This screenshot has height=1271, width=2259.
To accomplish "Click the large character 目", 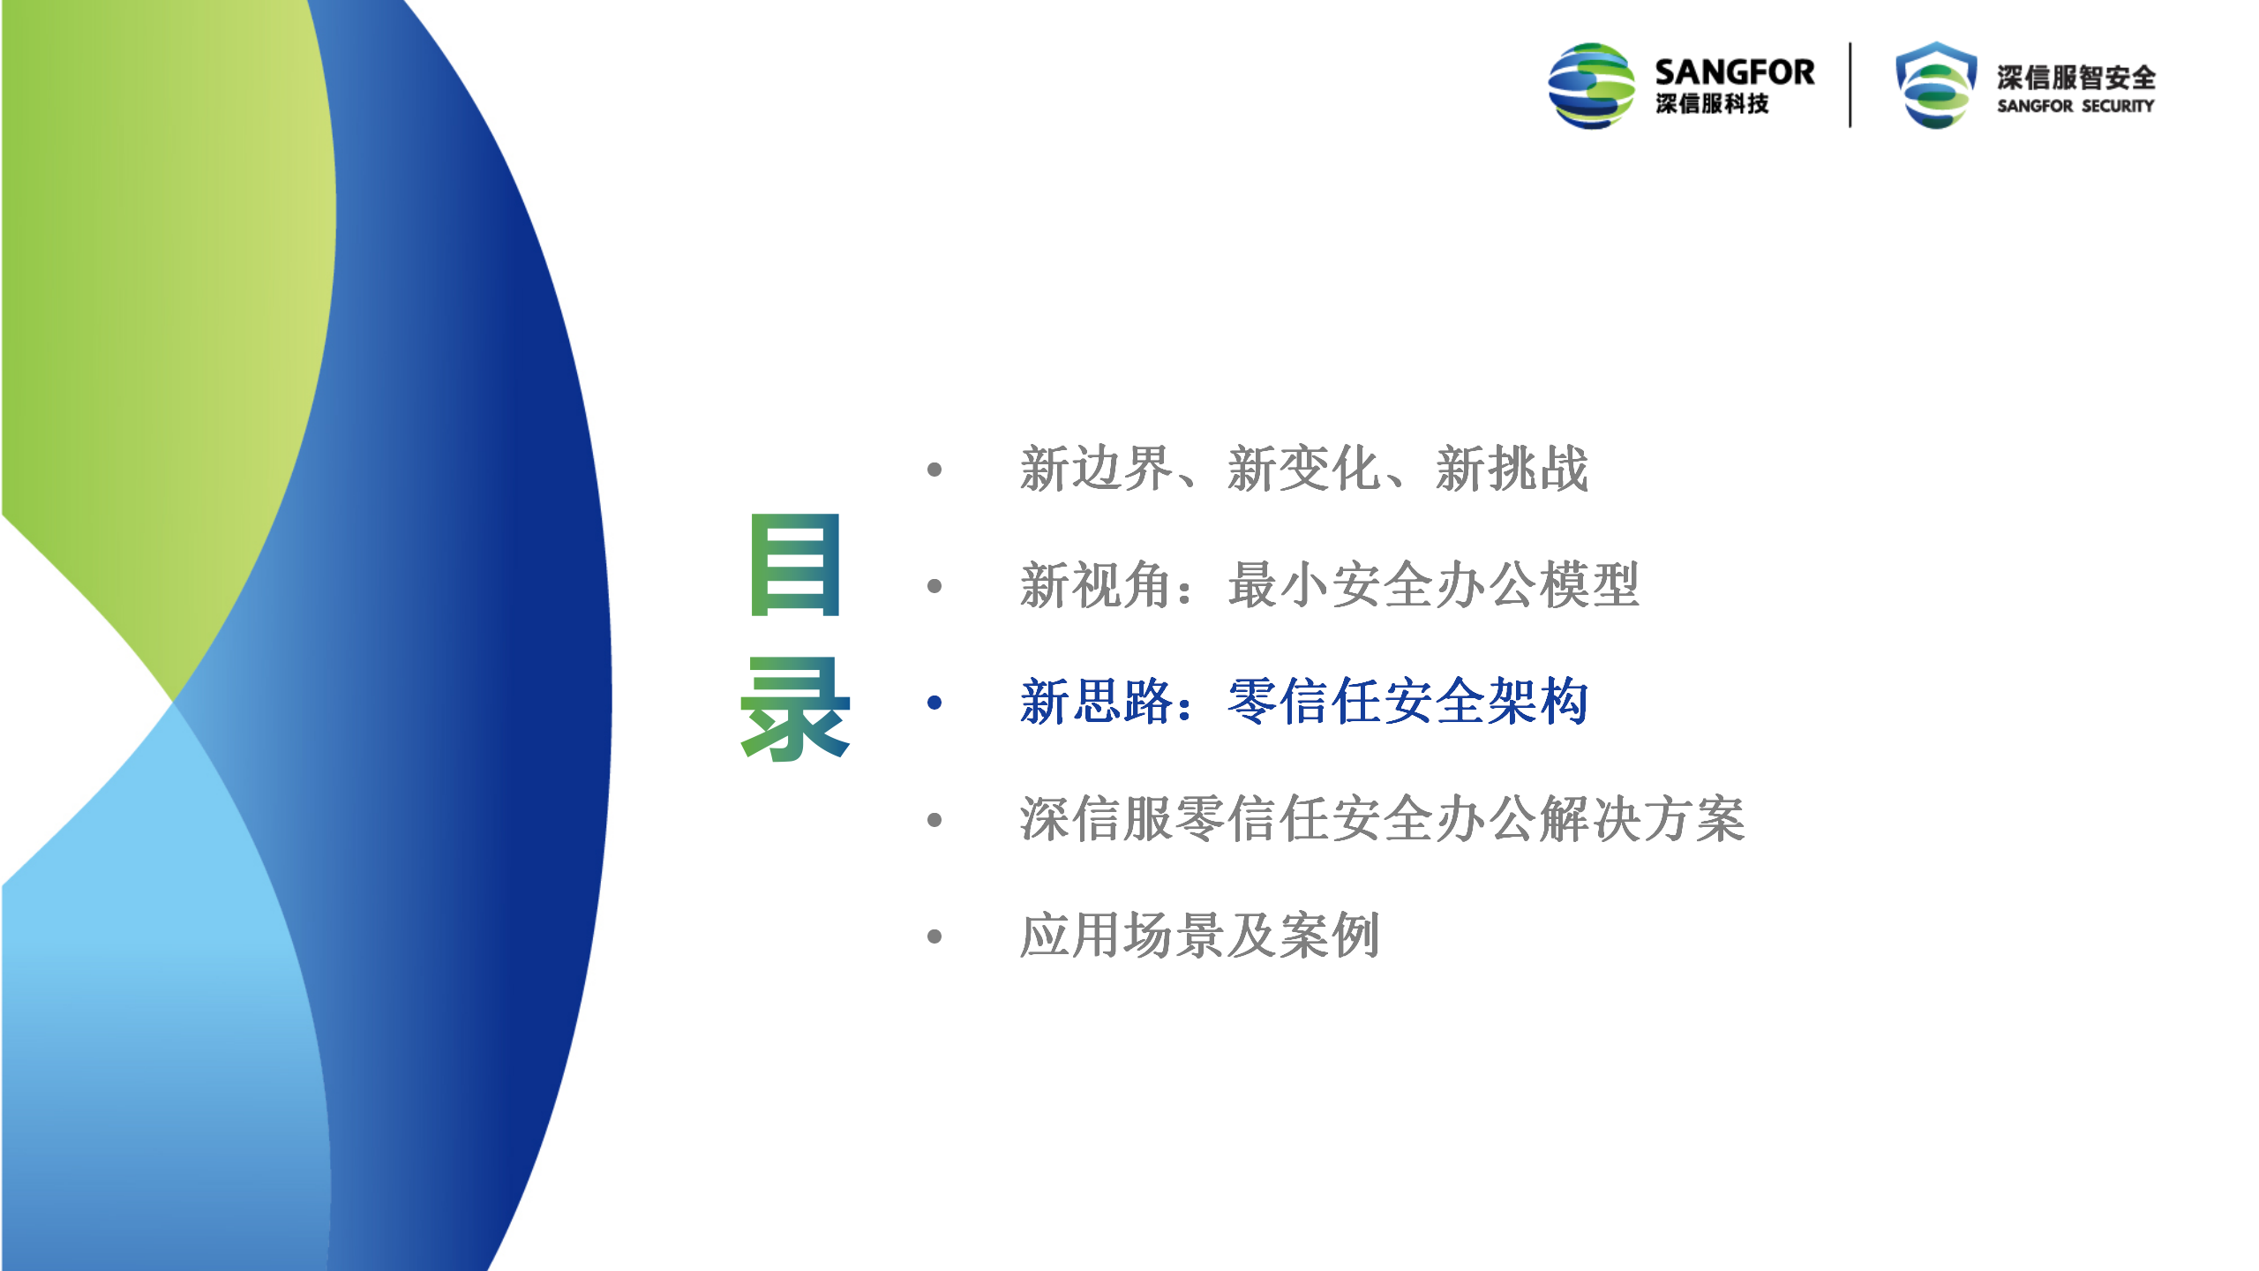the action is click(x=795, y=564).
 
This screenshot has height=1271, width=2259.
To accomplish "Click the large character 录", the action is click(x=795, y=708).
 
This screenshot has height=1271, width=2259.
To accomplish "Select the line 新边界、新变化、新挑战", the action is click(x=1304, y=468).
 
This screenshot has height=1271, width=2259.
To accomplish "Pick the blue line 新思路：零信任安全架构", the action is click(x=1304, y=702).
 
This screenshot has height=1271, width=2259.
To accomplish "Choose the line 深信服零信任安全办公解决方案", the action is click(x=1382, y=818).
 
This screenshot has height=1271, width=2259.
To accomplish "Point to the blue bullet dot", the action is click(x=934, y=703).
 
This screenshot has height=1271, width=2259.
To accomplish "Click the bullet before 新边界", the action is click(x=934, y=470).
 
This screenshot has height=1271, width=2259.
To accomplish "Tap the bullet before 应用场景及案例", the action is click(x=934, y=936).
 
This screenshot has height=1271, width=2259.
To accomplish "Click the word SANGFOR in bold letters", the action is click(x=1734, y=71).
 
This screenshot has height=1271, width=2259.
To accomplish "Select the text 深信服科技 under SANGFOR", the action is click(x=1712, y=103).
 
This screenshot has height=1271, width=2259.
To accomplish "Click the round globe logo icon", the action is click(x=1591, y=86).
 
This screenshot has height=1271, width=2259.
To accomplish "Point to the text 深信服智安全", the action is click(x=2076, y=78).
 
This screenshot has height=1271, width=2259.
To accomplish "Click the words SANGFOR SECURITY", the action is click(x=2075, y=106).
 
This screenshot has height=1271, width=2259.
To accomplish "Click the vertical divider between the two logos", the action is click(x=1850, y=85).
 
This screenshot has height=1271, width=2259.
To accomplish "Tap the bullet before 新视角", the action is click(x=934, y=586).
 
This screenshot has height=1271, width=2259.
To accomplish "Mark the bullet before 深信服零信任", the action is click(x=934, y=820).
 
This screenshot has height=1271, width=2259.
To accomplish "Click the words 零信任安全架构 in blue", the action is click(x=1408, y=702).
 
